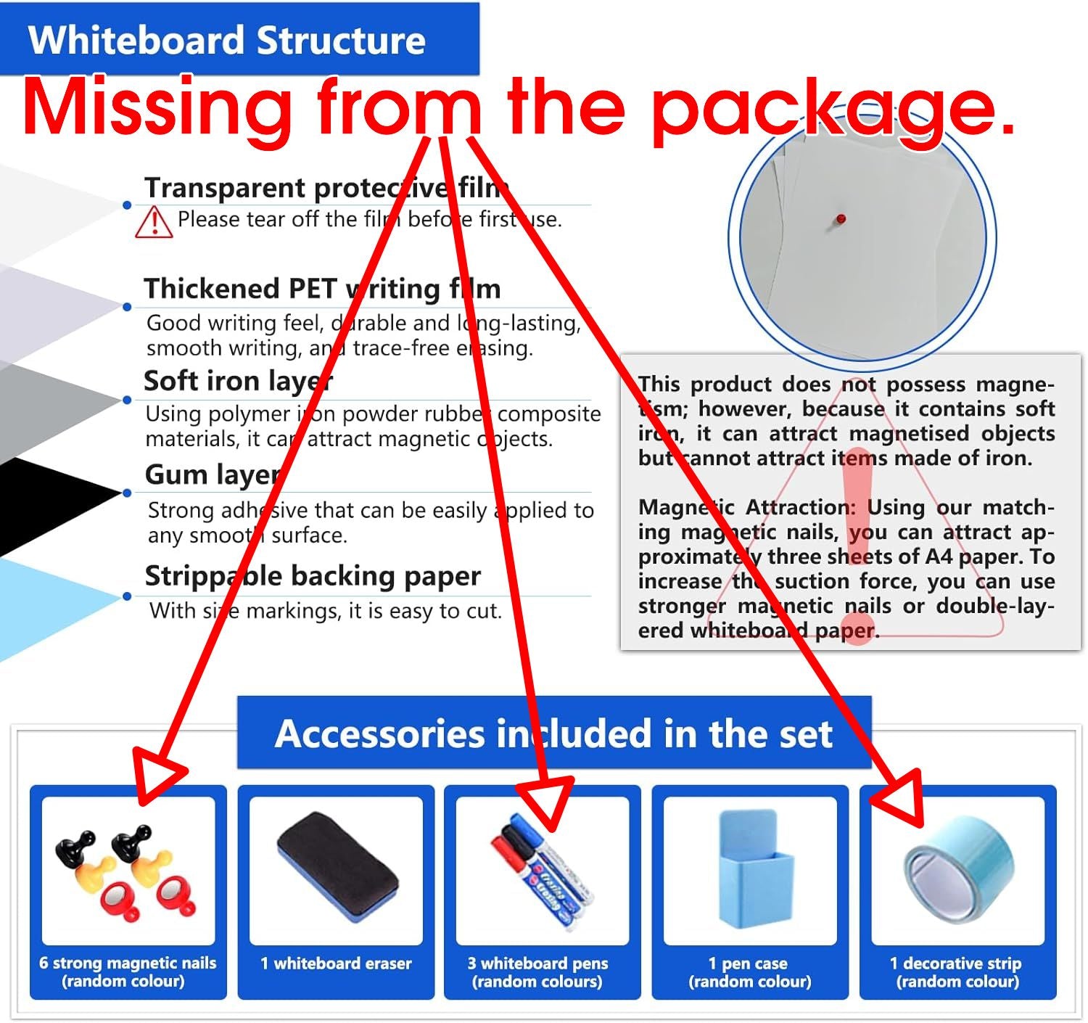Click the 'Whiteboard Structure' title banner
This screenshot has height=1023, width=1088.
239,39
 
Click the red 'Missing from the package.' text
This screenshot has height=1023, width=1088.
519,107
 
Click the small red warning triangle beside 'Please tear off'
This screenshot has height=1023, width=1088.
154,222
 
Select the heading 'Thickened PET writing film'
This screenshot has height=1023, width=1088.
322,289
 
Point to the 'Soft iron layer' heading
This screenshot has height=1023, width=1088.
239,381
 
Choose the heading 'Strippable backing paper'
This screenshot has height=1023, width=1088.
313,576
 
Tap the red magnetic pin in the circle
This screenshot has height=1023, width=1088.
841,219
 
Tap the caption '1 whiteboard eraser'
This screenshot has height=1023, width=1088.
336,964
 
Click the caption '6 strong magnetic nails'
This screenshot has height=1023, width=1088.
128,963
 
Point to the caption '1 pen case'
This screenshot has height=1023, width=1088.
749,964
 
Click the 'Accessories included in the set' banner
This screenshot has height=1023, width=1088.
554,733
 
